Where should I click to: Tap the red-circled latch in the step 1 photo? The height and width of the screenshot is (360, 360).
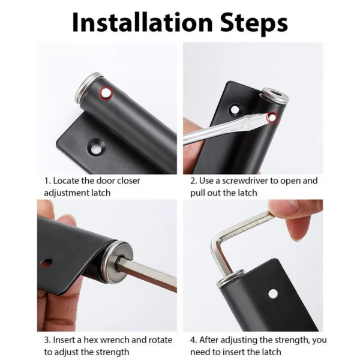pyautogui.click(x=106, y=92)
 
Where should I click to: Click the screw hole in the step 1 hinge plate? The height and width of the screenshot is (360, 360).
pyautogui.click(x=95, y=145)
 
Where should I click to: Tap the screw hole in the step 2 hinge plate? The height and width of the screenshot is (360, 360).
pyautogui.click(x=234, y=110)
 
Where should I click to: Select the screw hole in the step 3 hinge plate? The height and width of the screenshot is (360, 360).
pyautogui.click(x=46, y=263)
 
